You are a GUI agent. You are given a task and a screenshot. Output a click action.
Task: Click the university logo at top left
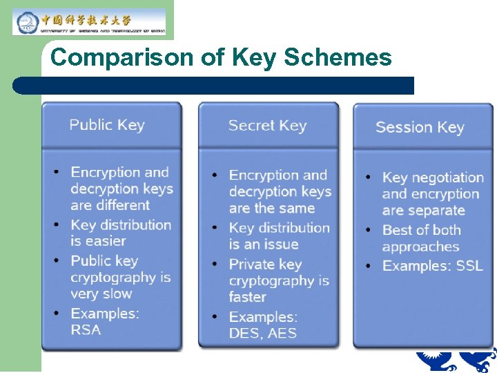(x=90, y=21)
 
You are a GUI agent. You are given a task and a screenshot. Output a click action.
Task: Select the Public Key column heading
(x=107, y=125)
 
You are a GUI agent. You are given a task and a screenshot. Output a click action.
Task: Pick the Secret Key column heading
(x=267, y=126)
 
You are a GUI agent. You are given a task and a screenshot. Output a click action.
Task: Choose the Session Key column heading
(x=420, y=127)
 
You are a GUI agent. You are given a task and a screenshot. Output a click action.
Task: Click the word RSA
(x=86, y=329)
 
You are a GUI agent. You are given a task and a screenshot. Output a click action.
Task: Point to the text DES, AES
(x=262, y=333)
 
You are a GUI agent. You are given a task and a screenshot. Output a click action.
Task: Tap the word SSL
(x=469, y=265)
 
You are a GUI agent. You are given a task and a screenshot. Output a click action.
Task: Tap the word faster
(x=247, y=297)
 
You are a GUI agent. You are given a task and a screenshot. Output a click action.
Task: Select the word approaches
(x=420, y=247)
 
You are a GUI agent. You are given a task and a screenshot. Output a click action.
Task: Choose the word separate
(x=434, y=211)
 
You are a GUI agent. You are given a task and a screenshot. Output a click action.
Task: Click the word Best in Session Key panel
(x=398, y=230)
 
